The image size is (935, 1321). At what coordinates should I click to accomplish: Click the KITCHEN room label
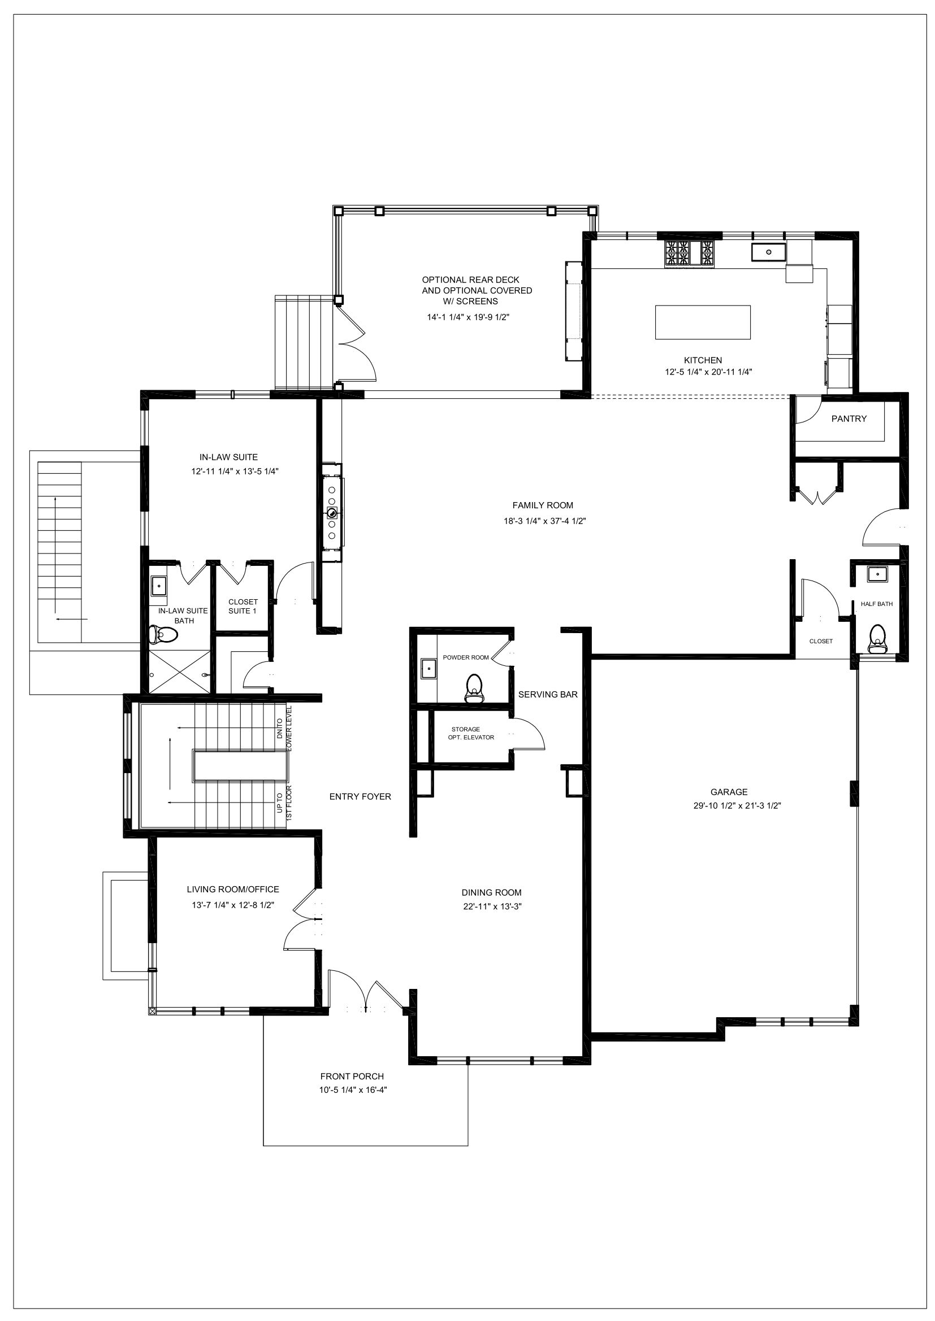point(703,360)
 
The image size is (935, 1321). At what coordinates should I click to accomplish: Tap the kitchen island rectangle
point(703,322)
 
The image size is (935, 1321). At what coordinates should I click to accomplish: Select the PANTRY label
point(849,419)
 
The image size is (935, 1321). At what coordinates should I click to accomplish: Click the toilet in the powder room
point(474,688)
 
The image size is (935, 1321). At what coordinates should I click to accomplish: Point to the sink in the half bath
point(877,574)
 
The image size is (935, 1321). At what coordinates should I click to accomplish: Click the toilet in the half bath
point(877,639)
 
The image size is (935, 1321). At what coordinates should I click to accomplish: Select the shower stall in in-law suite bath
point(180,672)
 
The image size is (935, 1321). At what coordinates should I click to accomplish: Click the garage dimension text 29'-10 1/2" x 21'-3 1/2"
point(737,806)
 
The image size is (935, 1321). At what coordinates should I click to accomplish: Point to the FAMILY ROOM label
point(542,505)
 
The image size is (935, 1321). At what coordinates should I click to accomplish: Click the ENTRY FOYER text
point(360,796)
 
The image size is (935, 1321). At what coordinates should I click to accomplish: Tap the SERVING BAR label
point(548,695)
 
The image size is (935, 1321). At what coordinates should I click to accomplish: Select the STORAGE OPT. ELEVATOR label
point(470,733)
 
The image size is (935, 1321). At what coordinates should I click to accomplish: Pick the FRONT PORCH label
point(352,1076)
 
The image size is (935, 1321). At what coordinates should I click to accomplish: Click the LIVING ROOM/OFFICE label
point(232,890)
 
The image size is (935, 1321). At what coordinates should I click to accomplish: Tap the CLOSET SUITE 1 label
point(243,607)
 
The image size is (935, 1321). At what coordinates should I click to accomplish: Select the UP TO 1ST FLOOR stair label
point(284,803)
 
